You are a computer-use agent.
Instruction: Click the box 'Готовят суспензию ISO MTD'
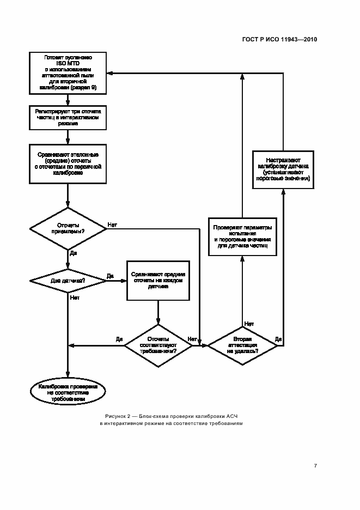coord(68,72)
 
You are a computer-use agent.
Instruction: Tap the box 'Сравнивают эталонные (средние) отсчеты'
coord(68,163)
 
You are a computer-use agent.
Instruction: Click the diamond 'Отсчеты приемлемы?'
coord(68,228)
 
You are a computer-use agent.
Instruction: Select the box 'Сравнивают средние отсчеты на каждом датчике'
coord(158,280)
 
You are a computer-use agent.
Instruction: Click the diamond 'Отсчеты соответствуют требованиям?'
coord(158,345)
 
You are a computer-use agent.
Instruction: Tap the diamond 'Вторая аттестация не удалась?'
coord(242,345)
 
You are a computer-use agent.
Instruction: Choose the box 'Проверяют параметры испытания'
coord(242,235)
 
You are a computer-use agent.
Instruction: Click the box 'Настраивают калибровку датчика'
coord(283,168)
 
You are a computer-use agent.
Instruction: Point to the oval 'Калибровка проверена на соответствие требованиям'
coord(68,392)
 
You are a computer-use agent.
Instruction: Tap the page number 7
coord(315,466)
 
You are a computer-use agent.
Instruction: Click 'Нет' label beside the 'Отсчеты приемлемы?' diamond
coord(112,224)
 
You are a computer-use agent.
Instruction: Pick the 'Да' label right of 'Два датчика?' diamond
coord(109,276)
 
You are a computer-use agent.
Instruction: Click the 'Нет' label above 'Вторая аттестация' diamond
coord(249,324)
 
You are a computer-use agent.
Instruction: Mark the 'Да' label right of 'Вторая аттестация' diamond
coord(278,339)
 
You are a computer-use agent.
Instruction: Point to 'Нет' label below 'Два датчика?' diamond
coord(75,298)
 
